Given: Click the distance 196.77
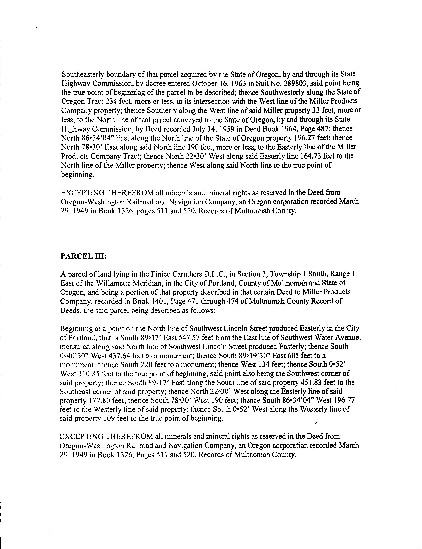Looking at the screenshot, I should point(340,400).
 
